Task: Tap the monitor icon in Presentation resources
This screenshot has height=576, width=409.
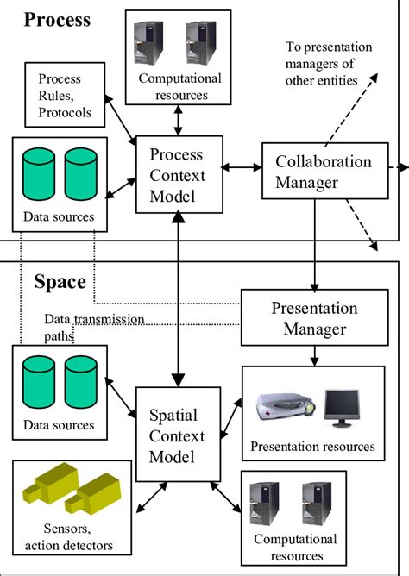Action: click(340, 405)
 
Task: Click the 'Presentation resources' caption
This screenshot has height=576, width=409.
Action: click(312, 447)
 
